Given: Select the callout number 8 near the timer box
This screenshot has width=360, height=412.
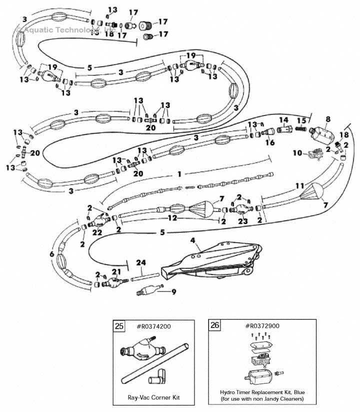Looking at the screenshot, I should (x=328, y=119).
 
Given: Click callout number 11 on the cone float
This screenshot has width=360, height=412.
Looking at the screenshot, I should (x=299, y=185).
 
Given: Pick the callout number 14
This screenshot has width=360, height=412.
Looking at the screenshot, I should (x=283, y=120).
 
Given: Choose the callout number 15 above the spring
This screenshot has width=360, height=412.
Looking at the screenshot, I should (x=301, y=120).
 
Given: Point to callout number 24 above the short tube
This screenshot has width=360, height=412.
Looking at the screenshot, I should (x=141, y=262).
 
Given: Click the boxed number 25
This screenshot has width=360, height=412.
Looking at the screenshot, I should (x=119, y=326).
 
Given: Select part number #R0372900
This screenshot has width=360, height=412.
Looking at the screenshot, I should (x=262, y=325).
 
